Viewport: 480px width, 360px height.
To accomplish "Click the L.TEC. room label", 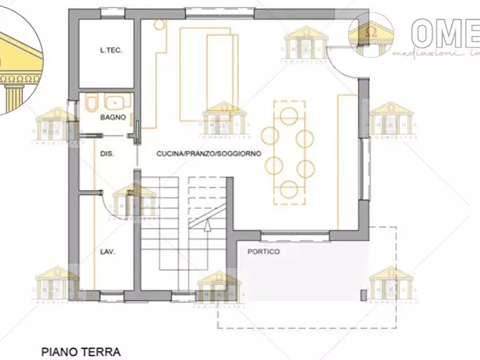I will tap(111, 51).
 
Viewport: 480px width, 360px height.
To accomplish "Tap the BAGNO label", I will tap(113, 117).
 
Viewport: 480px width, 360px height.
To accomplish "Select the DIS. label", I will tap(106, 154).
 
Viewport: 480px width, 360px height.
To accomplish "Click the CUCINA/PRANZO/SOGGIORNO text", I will tap(209, 154).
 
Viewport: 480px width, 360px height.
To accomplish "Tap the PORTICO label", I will tap(263, 251).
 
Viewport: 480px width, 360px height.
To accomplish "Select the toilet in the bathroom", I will tap(91, 103).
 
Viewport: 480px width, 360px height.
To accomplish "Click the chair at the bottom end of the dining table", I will tap(289, 189).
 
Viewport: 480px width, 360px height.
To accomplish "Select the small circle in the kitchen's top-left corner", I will tap(159, 24).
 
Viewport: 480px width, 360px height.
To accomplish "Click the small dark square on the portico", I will tap(364, 294).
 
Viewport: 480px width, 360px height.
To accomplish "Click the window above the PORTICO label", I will tap(295, 234).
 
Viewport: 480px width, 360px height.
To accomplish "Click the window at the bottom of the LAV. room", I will tap(112, 295).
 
